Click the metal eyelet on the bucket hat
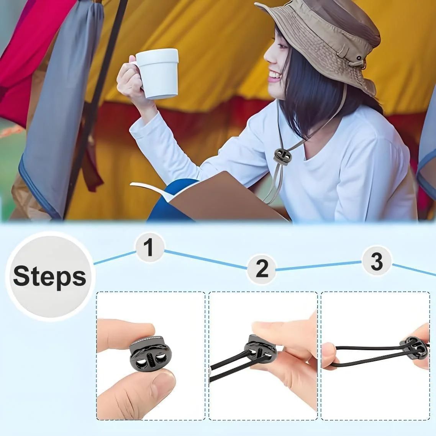click(359, 58)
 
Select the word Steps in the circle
click(49, 276)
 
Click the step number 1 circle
click(149, 247)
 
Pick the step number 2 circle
click(262, 269)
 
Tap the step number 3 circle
click(377, 261)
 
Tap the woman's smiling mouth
click(274, 75)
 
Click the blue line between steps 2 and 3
click(319, 266)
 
